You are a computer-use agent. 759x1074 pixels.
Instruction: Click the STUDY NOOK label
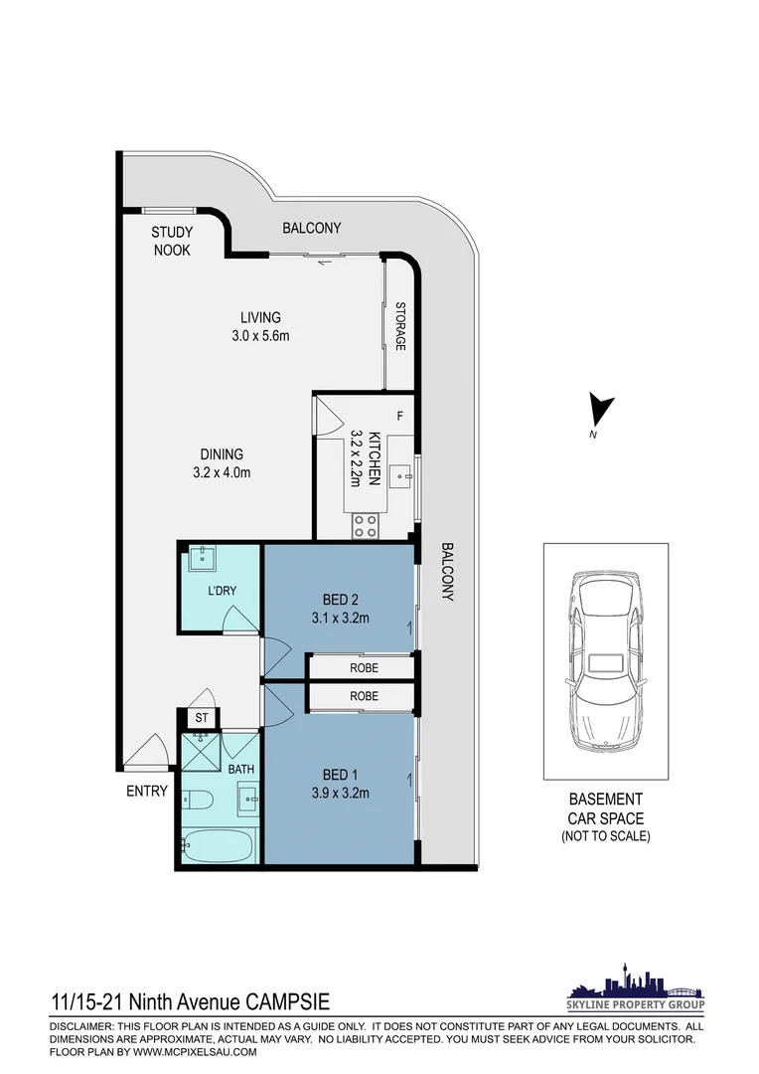[172, 241]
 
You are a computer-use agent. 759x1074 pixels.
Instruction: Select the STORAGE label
[400, 326]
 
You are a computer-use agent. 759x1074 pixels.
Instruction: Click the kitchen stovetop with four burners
[365, 526]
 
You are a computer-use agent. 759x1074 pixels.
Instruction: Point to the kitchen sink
[400, 475]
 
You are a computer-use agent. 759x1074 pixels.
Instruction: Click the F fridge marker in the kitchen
[400, 416]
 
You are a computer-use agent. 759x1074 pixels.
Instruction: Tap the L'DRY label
[223, 591]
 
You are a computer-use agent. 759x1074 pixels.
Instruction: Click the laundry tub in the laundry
[203, 558]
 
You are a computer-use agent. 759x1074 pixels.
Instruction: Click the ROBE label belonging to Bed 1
[364, 696]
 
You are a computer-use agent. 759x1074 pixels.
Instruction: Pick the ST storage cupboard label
[202, 718]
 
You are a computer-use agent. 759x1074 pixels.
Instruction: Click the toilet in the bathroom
[199, 800]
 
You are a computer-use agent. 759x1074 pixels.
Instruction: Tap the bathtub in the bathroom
[219, 845]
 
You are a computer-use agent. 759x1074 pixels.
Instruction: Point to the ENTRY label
[147, 792]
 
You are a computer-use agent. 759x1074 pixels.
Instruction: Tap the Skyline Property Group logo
[636, 987]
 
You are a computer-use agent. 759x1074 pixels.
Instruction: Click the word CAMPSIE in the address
[287, 1002]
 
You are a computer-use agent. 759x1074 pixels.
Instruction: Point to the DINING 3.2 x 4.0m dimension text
[222, 463]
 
